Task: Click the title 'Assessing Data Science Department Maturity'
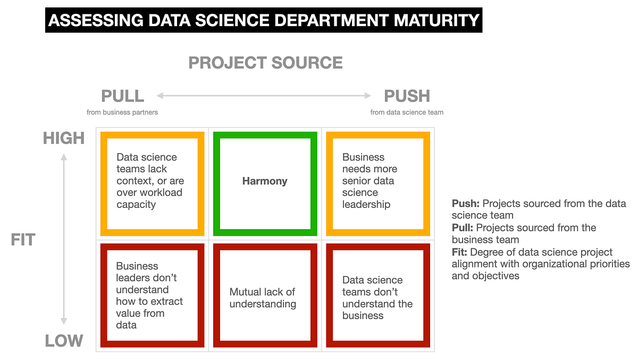[x=264, y=20]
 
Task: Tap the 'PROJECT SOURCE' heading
[x=265, y=63]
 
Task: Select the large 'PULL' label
[x=122, y=96]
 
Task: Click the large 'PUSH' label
[x=407, y=96]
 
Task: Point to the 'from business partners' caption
[x=122, y=112]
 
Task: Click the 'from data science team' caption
[x=407, y=112]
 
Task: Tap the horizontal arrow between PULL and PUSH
[x=264, y=96]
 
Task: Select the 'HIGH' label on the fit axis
[x=64, y=138]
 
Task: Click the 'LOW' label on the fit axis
[x=64, y=341]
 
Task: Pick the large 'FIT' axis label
[x=22, y=240]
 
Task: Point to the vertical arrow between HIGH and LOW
[x=64, y=239]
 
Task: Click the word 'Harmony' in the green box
[x=265, y=181]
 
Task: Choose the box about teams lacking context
[x=149, y=181]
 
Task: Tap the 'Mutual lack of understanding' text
[x=263, y=298]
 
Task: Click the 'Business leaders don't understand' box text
[x=149, y=295]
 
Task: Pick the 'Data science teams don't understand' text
[x=377, y=298]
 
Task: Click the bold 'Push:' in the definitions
[x=465, y=204]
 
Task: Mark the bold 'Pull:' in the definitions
[x=463, y=228]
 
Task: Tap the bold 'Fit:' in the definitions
[x=460, y=252]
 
